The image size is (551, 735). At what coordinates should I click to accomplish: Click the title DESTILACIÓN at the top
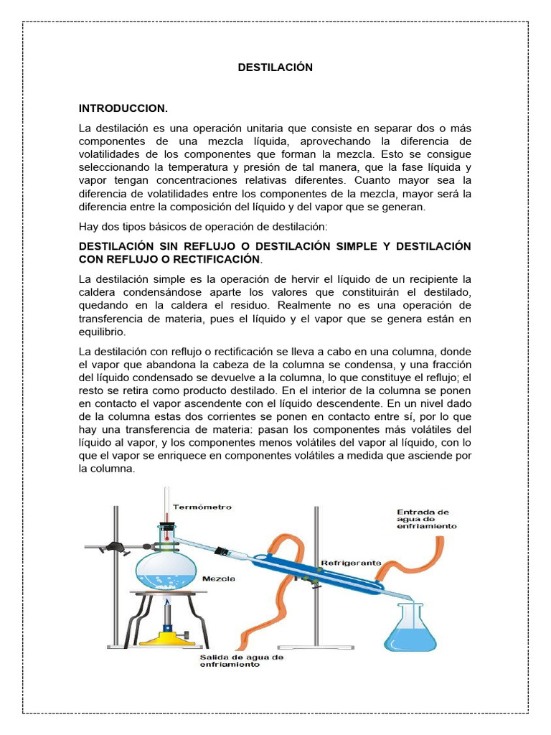coord(275,67)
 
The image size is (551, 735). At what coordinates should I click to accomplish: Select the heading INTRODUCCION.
coord(123,108)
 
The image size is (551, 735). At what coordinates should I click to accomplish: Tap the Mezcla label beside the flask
coord(218,576)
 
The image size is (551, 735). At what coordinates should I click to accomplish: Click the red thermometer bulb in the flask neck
coord(166,517)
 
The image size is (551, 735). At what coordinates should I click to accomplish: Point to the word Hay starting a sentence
coord(88,227)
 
